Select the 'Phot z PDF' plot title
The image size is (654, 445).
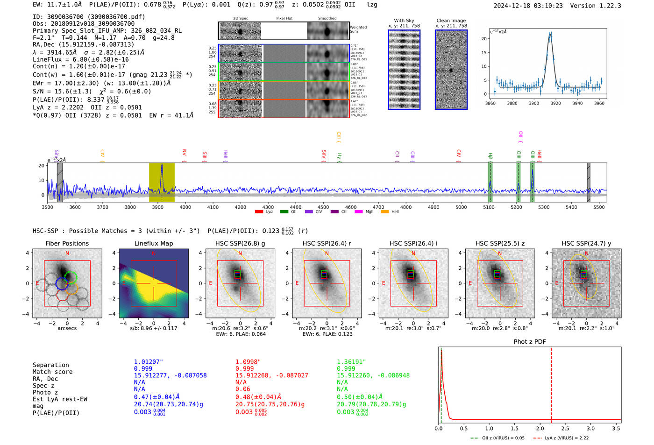coord(530,342)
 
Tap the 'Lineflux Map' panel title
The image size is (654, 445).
coord(154,243)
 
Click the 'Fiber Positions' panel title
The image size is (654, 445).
coord(67,243)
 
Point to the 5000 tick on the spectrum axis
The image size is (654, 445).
coord(461,207)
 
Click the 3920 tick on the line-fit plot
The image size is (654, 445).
coord(555,103)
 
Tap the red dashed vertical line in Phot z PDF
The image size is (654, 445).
coord(551,383)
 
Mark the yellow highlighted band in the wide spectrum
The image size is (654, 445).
coord(162,182)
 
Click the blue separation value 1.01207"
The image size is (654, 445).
coord(149,362)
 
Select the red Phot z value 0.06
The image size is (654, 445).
coord(242,389)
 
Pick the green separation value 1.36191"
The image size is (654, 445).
coord(351,362)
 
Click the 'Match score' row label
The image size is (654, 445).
coord(52,372)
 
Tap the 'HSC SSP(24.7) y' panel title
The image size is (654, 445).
coord(586,243)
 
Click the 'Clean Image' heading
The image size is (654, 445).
coord(451,21)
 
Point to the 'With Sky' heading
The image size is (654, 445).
coord(404,21)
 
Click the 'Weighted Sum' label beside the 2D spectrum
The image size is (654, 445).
coord(358,29)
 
